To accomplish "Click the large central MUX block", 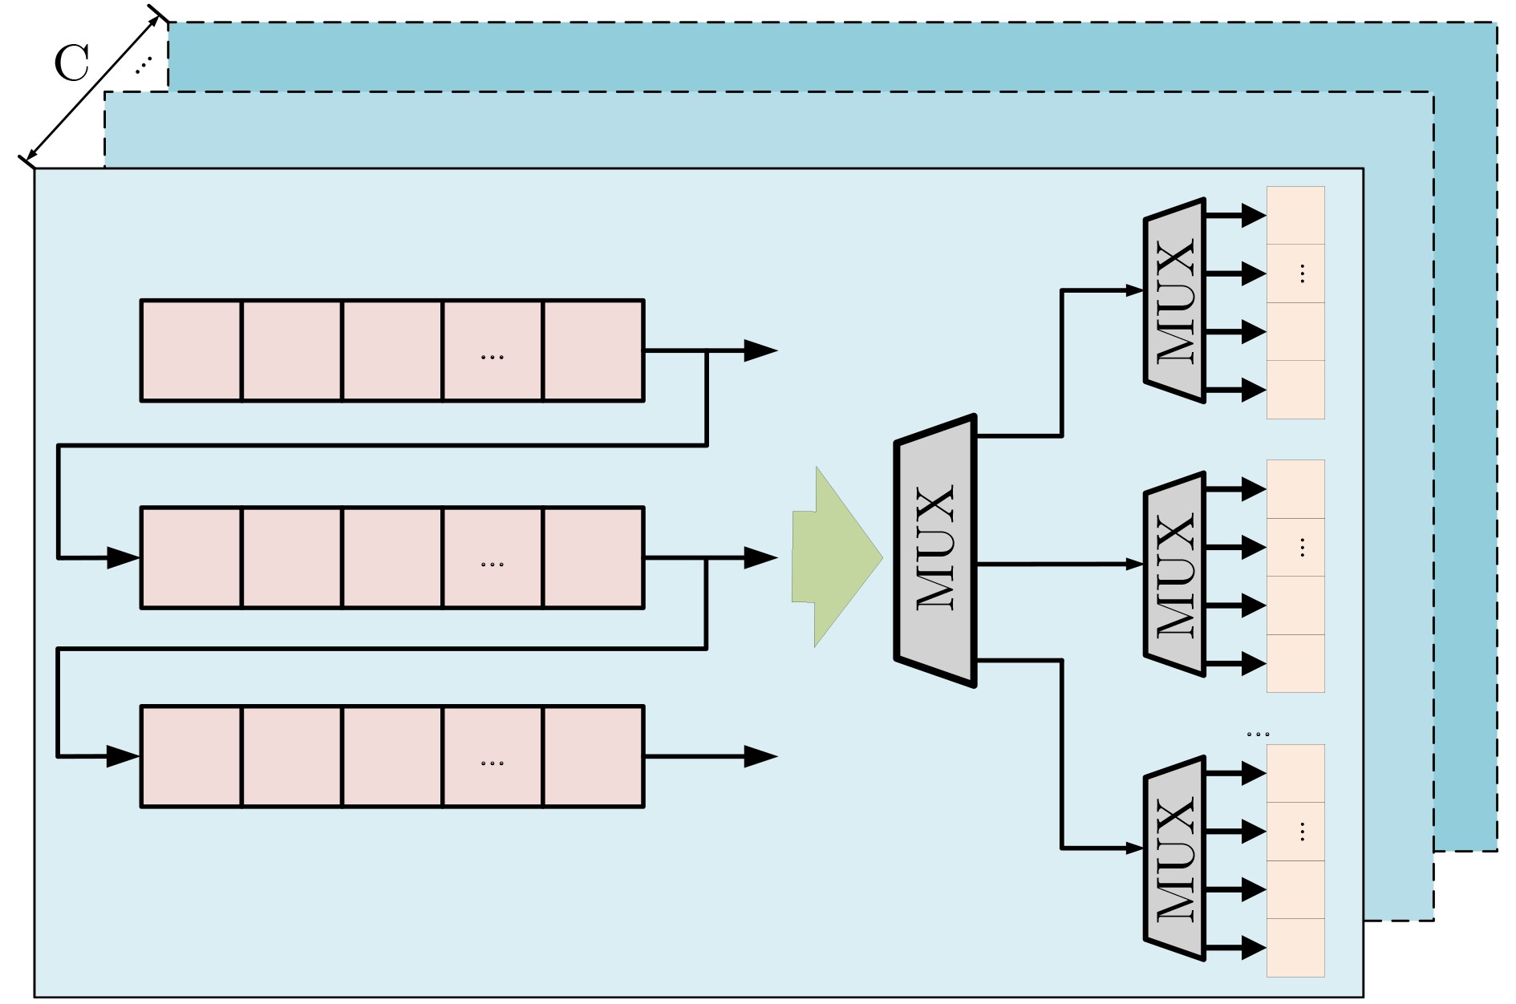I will pyautogui.click(x=935, y=551).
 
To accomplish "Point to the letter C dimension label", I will pyautogui.click(x=71, y=63).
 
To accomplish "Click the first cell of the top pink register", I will pyautogui.click(x=192, y=350).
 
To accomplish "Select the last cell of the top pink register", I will pyautogui.click(x=594, y=350).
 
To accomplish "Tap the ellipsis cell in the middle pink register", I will pyautogui.click(x=492, y=557).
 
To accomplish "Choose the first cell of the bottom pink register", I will pyautogui.click(x=192, y=756).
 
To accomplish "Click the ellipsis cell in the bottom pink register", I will pyautogui.click(x=492, y=756).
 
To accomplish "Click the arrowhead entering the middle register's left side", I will pyautogui.click(x=124, y=557).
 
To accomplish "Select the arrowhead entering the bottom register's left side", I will pyautogui.click(x=124, y=756).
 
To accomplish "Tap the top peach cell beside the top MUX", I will pyautogui.click(x=1295, y=216).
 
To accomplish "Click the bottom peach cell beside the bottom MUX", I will pyautogui.click(x=1295, y=948).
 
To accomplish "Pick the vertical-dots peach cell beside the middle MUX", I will pyautogui.click(x=1295, y=548).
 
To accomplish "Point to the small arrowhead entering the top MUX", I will pyautogui.click(x=1135, y=290).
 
